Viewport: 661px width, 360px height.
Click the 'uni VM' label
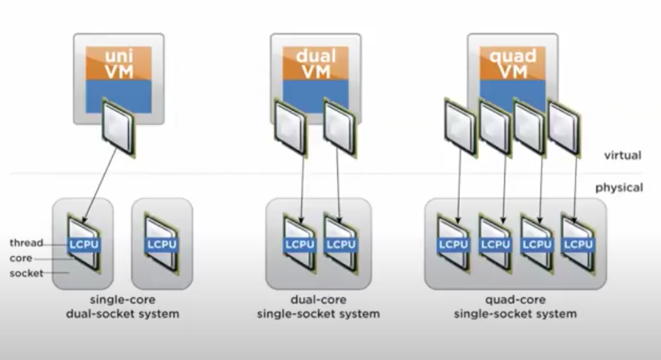118,63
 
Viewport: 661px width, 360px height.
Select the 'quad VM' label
512,63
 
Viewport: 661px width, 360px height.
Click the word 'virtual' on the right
623,155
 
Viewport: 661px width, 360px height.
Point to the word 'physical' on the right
619,188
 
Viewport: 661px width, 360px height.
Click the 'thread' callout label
26,243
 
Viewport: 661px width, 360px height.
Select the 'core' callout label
20,258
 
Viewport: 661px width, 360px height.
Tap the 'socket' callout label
26,273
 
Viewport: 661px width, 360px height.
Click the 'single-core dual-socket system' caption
122,307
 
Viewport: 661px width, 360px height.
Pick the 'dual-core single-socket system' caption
318,307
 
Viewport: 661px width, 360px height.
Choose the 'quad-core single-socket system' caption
515,307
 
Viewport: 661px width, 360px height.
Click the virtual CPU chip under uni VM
118,131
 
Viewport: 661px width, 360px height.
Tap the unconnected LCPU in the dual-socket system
161,245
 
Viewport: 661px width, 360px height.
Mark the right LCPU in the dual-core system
340,245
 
